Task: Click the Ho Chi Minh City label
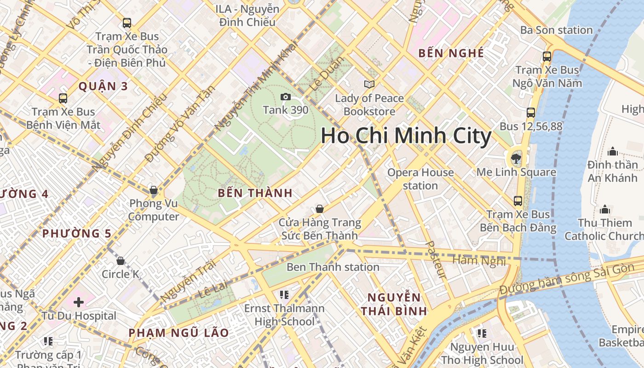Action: point(406,136)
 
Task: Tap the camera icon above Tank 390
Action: point(286,97)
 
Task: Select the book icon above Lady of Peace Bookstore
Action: point(369,84)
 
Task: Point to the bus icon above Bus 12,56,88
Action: point(531,113)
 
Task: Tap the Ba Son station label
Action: point(556,30)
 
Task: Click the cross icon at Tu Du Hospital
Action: point(79,302)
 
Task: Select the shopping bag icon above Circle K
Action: point(121,261)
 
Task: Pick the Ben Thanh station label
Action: point(333,267)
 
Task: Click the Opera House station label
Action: point(420,179)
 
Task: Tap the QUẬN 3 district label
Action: point(103,86)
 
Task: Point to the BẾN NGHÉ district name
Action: point(451,53)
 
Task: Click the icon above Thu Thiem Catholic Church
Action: point(605,210)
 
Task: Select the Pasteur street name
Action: point(435,260)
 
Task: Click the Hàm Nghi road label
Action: point(479,261)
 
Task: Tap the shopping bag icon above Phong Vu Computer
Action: point(154,190)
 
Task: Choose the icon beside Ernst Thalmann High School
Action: point(284,294)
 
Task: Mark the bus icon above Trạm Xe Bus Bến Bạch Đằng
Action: point(518,201)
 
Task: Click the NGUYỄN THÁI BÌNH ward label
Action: point(394,304)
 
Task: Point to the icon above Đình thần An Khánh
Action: point(612,151)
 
